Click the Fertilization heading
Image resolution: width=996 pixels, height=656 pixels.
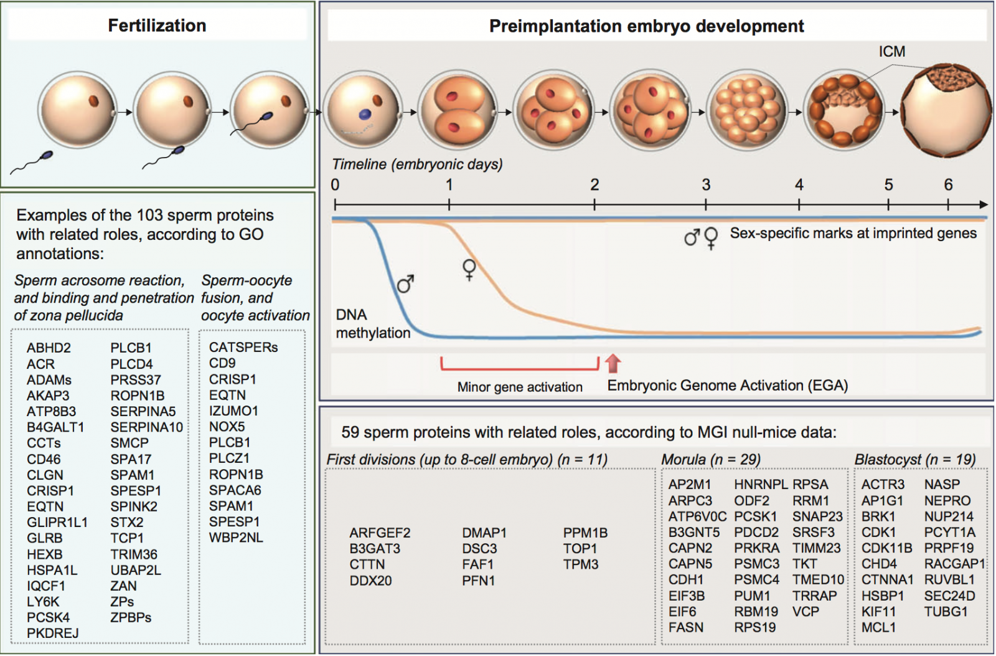[157, 26]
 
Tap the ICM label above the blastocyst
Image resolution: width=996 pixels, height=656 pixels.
[891, 52]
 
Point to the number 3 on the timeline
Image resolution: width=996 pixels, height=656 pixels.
[706, 185]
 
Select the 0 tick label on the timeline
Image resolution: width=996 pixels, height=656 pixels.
[335, 185]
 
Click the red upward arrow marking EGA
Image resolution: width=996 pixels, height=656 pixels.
[613, 363]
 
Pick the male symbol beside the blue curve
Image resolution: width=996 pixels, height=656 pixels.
[405, 284]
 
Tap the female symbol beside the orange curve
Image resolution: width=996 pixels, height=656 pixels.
[469, 270]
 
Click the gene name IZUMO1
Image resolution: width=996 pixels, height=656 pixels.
[233, 411]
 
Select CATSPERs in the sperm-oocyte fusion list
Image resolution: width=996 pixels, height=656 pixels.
[243, 347]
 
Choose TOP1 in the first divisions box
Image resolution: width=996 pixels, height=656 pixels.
[580, 549]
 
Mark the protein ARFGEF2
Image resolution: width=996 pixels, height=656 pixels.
[380, 533]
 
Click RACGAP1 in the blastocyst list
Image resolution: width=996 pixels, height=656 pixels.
[954, 564]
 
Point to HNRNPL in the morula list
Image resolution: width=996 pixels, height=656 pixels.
[761, 485]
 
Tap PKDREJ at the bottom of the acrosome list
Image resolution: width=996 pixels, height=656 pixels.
[53, 634]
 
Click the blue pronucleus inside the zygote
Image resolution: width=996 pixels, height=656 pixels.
[365, 115]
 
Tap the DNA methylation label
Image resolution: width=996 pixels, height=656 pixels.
[372, 324]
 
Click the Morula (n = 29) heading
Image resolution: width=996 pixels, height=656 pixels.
[711, 460]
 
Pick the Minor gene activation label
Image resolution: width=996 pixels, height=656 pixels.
[520, 387]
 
